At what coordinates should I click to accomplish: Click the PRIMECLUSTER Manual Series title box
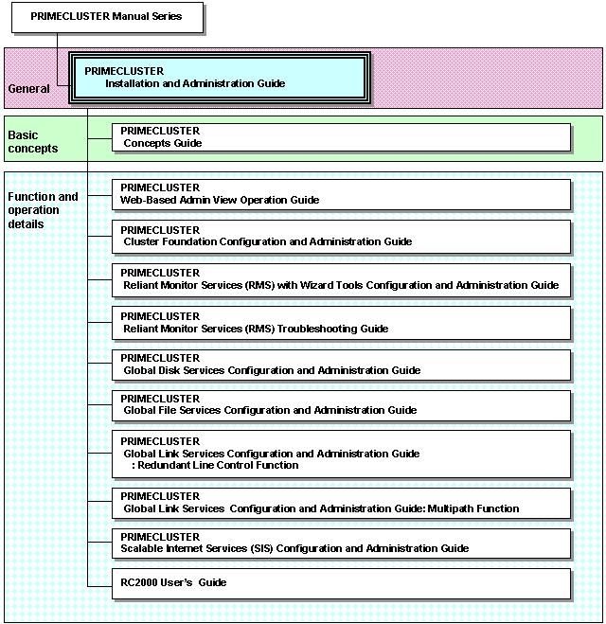pos(107,17)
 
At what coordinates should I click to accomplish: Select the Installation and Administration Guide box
pos(220,78)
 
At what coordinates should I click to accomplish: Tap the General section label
pos(29,88)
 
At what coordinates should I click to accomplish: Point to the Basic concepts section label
pos(33,142)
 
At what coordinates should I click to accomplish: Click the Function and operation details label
pos(43,210)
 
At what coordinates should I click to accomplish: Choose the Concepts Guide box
pos(342,137)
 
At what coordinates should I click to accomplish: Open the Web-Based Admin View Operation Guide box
pos(342,195)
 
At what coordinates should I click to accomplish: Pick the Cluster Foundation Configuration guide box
pos(342,237)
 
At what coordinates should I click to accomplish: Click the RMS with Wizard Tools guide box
pos(342,280)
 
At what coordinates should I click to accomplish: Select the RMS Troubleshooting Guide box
pos(342,323)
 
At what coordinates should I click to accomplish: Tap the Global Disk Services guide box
pos(342,365)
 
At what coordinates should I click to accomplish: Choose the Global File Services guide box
pos(342,405)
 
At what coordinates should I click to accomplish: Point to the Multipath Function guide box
pos(342,504)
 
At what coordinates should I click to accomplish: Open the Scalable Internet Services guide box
pos(342,544)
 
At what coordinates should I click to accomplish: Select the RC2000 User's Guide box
pos(342,584)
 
